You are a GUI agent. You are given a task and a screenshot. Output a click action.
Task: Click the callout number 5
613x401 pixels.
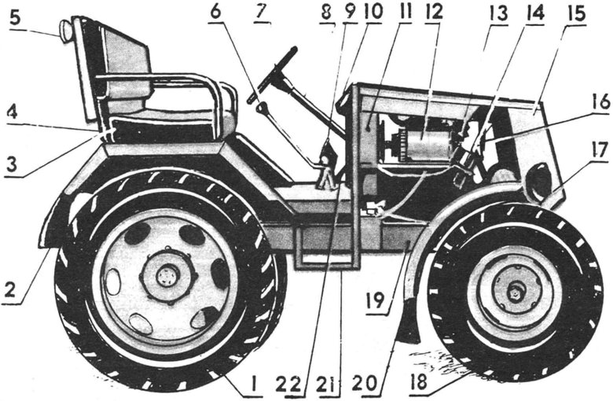(x=15, y=18)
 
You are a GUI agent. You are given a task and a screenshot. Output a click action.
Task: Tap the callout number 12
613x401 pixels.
(x=435, y=11)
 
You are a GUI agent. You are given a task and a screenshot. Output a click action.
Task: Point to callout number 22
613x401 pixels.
(x=295, y=384)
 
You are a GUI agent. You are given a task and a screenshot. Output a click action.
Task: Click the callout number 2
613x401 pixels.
(x=11, y=290)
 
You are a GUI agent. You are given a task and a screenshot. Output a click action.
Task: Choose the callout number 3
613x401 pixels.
(x=12, y=164)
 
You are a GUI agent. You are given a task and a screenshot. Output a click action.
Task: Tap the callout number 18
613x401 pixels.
(x=418, y=382)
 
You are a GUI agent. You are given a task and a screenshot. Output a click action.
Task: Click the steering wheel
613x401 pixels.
(x=272, y=75)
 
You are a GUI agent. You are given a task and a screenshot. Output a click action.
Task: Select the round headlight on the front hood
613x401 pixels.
(x=538, y=181)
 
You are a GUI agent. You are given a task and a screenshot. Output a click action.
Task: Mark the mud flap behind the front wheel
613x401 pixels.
(x=409, y=321)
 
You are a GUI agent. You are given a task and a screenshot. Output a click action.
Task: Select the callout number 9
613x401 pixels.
(x=349, y=12)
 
